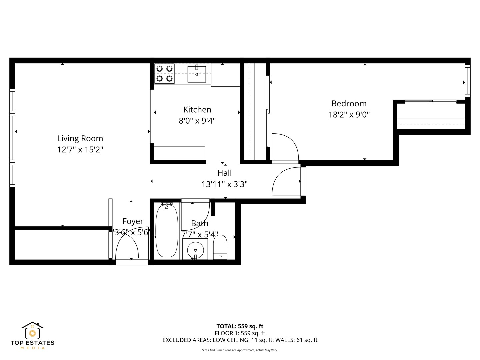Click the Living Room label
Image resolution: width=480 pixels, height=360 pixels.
point(80,139)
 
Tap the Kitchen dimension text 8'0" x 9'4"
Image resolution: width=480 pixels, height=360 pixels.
point(197,121)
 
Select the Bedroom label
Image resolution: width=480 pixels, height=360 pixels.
point(349,103)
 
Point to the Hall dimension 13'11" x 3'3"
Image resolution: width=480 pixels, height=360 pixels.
point(224,184)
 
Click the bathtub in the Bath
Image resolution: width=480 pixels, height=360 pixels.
point(167,231)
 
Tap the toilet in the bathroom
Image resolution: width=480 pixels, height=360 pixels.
point(220,247)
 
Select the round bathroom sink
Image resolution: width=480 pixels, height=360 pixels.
point(195,249)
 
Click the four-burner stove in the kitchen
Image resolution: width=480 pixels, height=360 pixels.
point(165,73)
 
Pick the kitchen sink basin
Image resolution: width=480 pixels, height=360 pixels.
point(197,74)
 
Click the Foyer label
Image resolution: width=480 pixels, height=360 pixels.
point(133,221)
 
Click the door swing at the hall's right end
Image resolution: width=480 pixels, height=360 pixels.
point(286,182)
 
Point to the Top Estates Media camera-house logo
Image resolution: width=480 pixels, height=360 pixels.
point(32,331)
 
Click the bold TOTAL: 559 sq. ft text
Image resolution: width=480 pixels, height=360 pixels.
point(240,326)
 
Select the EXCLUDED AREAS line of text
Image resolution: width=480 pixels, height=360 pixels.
point(240,340)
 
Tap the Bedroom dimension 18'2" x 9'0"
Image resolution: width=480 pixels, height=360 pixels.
point(349,115)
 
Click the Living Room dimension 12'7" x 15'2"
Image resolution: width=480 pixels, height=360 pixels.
point(80,150)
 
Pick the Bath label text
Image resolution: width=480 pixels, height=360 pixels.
point(199,223)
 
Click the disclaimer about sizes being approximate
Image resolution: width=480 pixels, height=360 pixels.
point(240,350)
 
